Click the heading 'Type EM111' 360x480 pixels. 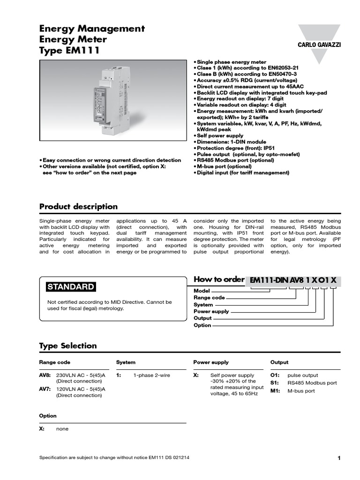(69, 51)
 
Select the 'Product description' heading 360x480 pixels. (78, 207)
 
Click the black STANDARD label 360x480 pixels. (70, 287)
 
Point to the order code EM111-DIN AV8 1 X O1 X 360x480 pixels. (293, 280)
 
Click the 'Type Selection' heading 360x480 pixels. (67, 346)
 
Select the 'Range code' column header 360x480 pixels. (54, 362)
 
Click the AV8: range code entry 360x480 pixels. (45, 375)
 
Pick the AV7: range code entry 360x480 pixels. (45, 389)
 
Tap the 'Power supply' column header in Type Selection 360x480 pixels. (211, 362)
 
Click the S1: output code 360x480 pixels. (275, 383)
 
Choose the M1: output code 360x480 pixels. (275, 391)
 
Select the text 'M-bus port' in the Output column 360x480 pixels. (301, 391)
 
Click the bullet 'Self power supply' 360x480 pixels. (220, 136)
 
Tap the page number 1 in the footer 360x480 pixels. (338, 458)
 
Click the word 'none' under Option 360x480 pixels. (62, 429)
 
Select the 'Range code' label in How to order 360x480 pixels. (209, 298)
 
